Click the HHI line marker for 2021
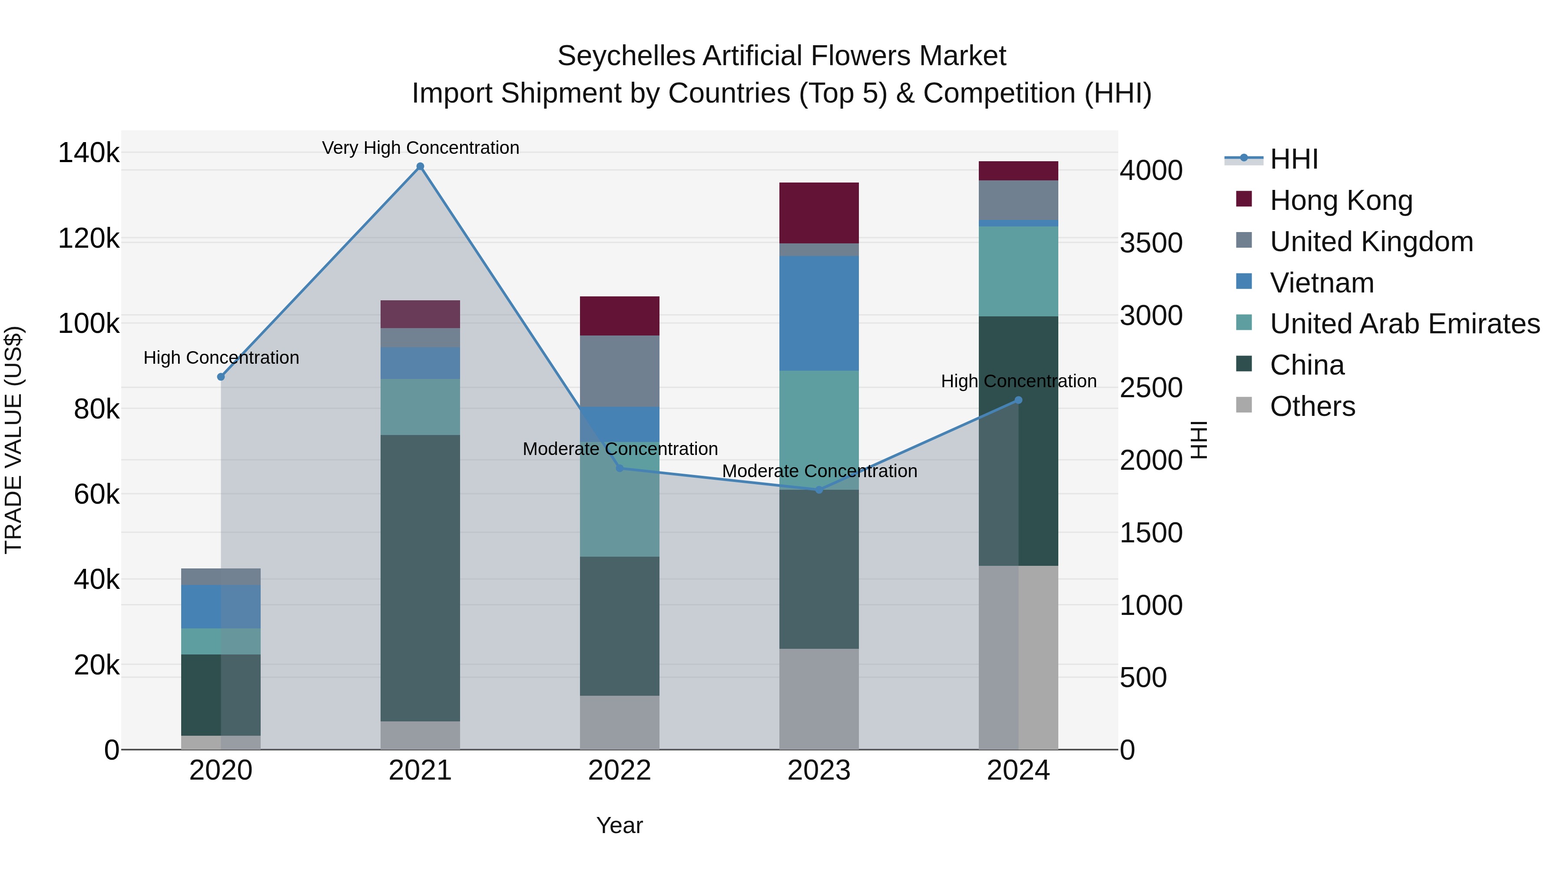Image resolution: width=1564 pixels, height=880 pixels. click(x=420, y=166)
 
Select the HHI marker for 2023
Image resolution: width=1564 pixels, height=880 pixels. click(x=819, y=489)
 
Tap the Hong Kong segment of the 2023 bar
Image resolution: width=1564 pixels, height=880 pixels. click(x=819, y=213)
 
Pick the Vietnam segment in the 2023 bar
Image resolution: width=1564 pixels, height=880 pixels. click(x=819, y=313)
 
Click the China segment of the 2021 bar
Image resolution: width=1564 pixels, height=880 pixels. click(x=420, y=577)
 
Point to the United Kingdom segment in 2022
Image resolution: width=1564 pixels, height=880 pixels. click(x=619, y=371)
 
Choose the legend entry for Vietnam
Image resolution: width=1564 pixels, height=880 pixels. click(x=1321, y=283)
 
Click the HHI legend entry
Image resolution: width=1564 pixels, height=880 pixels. click(x=1293, y=159)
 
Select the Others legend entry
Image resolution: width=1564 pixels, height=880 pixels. click(x=1312, y=406)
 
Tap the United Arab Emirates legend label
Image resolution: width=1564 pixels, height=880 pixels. click(x=1404, y=324)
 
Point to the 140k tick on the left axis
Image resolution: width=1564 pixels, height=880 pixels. click(x=89, y=153)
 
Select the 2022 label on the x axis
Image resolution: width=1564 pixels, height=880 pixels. click(x=619, y=770)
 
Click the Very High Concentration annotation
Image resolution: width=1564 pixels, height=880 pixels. click(x=420, y=148)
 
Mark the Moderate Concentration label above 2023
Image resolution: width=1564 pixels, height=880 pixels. click(x=819, y=471)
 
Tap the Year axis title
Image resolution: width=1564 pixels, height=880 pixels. click(x=619, y=825)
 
